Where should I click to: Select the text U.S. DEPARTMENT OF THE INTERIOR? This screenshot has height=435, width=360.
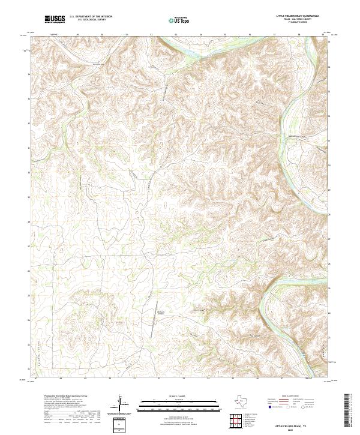pyautogui.click(x=91, y=17)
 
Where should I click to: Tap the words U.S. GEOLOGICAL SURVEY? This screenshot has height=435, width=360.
pyautogui.click(x=91, y=20)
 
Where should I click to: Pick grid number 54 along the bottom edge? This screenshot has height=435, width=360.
pyautogui.click(x=208, y=379)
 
